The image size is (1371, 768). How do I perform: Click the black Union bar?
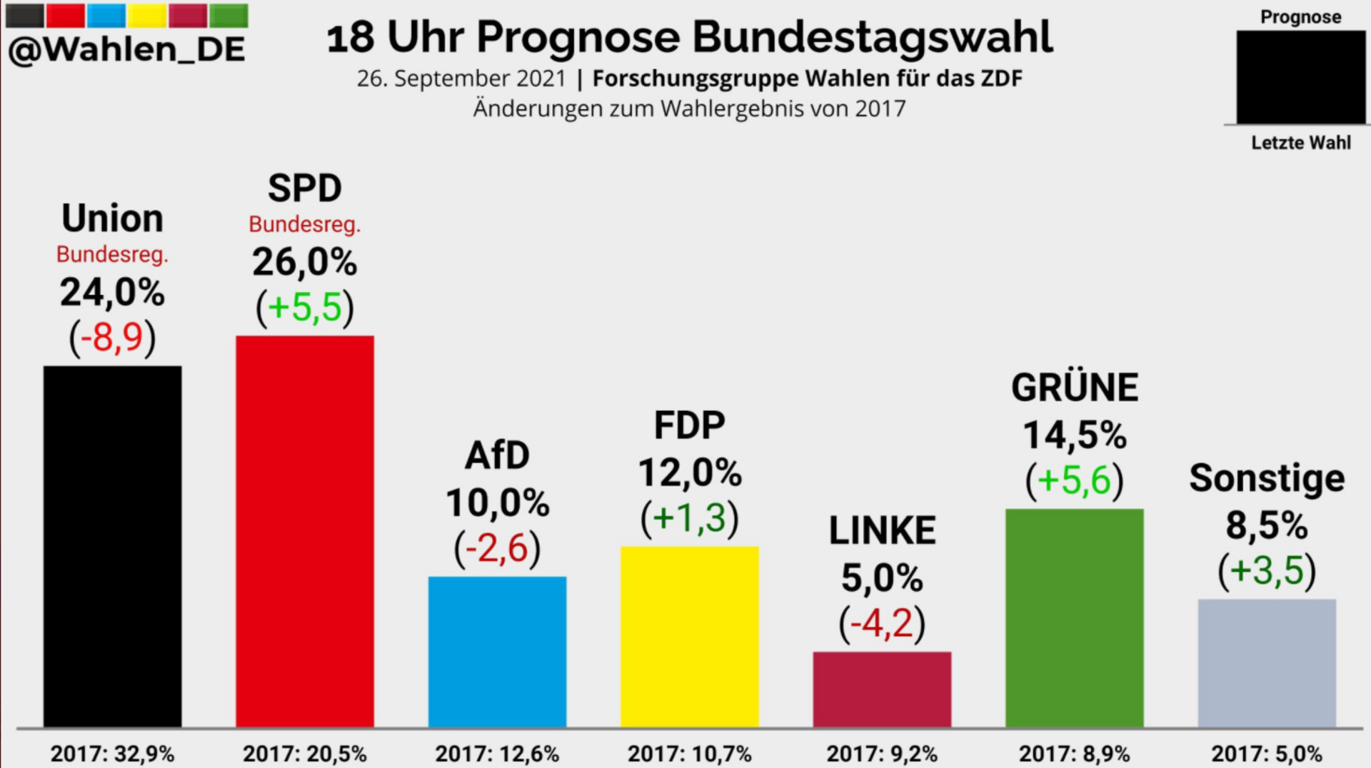113,546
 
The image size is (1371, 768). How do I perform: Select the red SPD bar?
305,531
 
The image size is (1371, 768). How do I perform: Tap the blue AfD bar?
497,651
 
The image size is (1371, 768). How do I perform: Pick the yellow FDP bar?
689,636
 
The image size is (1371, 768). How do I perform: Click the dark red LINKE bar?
882,689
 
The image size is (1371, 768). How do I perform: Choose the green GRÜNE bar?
1074,617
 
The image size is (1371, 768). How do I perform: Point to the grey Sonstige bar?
1266,662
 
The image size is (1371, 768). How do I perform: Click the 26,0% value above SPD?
305,262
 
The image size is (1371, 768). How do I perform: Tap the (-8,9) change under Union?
113,337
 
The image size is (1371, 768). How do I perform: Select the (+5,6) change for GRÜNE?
1074,480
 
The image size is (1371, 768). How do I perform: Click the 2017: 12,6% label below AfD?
497,754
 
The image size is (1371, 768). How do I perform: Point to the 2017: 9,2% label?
882,754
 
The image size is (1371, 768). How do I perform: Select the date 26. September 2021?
461,79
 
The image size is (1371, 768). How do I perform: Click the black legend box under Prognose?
1300,77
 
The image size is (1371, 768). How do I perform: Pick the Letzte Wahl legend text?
1300,143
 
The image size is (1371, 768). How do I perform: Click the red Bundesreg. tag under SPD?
305,225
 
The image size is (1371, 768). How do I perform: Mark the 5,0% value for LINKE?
882,577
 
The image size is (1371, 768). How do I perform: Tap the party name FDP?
689,426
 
